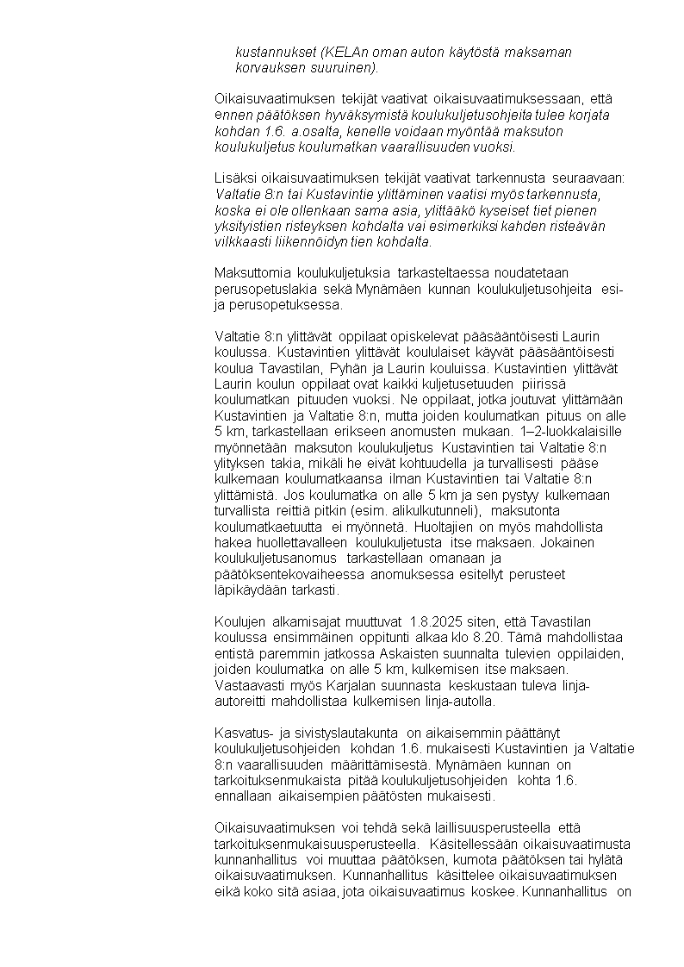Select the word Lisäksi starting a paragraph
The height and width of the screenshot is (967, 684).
(233, 178)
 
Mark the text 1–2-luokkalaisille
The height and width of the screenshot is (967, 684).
(575, 431)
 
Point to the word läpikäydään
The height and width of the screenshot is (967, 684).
(252, 590)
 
